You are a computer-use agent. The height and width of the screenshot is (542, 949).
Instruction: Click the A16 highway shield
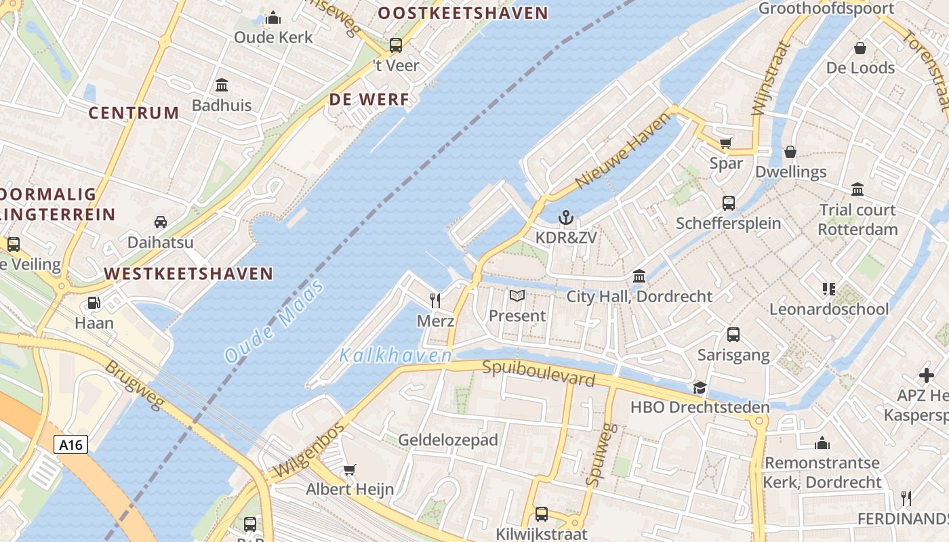click(x=70, y=444)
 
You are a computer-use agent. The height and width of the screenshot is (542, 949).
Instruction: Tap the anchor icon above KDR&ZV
click(x=565, y=217)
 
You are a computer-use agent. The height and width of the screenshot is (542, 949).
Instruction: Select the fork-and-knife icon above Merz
click(x=435, y=300)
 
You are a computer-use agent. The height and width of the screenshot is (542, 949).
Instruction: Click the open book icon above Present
click(x=517, y=296)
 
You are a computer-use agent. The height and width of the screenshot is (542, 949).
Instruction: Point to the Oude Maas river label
click(x=274, y=321)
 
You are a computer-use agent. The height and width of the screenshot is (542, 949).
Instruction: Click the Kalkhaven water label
click(x=395, y=355)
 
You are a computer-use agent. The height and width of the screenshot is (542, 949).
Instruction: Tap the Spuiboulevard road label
click(x=538, y=373)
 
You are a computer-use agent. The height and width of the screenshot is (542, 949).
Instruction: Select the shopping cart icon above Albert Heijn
click(x=350, y=470)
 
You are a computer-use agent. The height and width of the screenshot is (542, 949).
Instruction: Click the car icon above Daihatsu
click(x=161, y=222)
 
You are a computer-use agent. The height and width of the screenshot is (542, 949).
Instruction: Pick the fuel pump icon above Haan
click(x=94, y=303)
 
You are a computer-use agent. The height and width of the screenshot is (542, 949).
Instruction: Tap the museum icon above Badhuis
click(x=222, y=85)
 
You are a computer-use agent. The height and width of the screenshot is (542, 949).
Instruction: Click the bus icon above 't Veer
click(x=396, y=45)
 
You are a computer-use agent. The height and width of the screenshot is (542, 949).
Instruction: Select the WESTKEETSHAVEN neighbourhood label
click(x=188, y=274)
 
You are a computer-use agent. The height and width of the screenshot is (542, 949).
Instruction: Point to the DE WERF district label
click(x=369, y=100)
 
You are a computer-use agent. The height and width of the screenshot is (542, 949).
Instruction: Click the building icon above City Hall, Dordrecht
click(x=639, y=276)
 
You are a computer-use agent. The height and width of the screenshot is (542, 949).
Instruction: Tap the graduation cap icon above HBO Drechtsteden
click(x=700, y=388)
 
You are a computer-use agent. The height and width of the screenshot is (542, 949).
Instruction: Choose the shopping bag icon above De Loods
click(x=860, y=48)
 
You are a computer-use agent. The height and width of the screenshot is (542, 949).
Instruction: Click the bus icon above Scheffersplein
click(x=729, y=203)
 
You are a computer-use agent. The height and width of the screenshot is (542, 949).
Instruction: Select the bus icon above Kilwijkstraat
click(x=542, y=514)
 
